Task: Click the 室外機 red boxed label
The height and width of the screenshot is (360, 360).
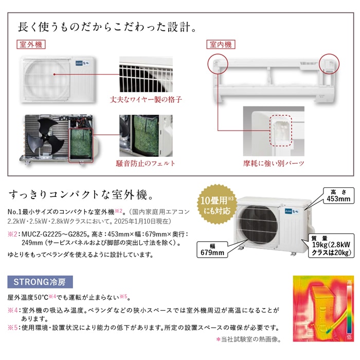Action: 31,44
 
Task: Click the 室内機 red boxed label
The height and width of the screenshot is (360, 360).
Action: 221,44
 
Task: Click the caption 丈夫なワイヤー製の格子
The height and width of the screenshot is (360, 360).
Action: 146,100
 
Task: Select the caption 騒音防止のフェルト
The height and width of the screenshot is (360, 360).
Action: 146,164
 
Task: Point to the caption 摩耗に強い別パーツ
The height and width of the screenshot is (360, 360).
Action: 274,164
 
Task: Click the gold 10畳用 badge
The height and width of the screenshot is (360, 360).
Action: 217,205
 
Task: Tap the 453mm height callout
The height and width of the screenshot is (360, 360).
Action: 338,195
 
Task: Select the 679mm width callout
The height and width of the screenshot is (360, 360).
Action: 212,249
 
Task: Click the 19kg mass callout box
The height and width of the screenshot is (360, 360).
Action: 331,246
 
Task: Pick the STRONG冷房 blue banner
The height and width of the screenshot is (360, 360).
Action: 40,282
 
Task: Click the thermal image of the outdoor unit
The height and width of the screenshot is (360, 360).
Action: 323,309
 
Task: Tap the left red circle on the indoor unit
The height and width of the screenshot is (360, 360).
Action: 218,64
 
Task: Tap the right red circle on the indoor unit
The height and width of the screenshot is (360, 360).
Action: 329,64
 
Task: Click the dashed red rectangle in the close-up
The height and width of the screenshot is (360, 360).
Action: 281,131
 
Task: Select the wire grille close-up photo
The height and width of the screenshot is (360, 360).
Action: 146,75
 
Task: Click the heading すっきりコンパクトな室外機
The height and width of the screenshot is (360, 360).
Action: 81,195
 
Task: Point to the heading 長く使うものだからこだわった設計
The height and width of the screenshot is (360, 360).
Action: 107,27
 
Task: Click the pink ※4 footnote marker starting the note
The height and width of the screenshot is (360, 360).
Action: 13,311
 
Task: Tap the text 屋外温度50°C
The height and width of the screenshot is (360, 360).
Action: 28,298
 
